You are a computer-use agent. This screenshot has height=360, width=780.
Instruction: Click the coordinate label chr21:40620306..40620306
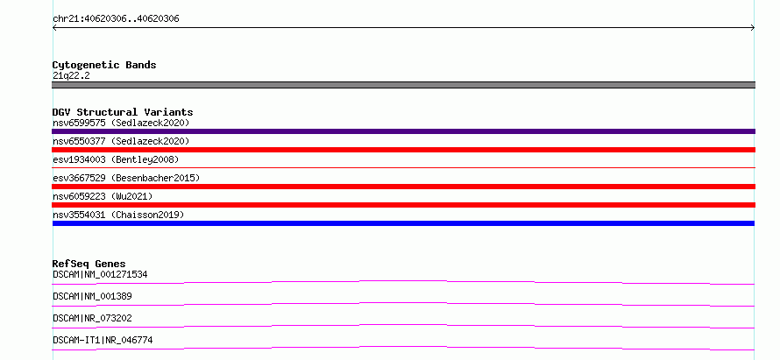[116, 19]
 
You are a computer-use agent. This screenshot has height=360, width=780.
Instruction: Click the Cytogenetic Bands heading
[104, 65]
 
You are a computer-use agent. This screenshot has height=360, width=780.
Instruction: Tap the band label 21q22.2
[71, 76]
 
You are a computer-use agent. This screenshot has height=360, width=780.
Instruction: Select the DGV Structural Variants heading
[123, 112]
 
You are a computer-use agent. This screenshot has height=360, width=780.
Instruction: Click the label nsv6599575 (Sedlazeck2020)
[121, 123]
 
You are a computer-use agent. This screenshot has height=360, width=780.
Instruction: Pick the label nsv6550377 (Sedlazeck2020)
[121, 141]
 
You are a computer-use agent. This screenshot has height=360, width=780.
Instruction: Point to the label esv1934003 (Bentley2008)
[116, 159]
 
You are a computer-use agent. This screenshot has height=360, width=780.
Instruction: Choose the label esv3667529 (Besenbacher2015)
[126, 178]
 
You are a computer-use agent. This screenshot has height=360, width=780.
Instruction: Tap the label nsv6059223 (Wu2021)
[103, 196]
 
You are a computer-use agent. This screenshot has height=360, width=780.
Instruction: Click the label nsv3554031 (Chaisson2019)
[118, 215]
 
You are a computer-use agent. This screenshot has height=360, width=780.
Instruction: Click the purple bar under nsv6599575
[403, 131]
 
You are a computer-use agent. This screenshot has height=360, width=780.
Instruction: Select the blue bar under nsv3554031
[403, 223]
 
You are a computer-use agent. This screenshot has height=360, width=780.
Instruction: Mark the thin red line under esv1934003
[403, 167]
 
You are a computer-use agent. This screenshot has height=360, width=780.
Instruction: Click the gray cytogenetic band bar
[403, 85]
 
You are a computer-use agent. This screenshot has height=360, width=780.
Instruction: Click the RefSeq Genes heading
[89, 264]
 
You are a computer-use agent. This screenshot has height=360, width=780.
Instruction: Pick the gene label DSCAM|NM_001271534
[100, 274]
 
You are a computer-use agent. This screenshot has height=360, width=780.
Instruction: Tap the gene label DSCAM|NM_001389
[92, 296]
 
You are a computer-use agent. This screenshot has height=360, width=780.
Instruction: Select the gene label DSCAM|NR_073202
[92, 318]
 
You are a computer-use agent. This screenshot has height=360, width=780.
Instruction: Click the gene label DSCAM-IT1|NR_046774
[103, 340]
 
